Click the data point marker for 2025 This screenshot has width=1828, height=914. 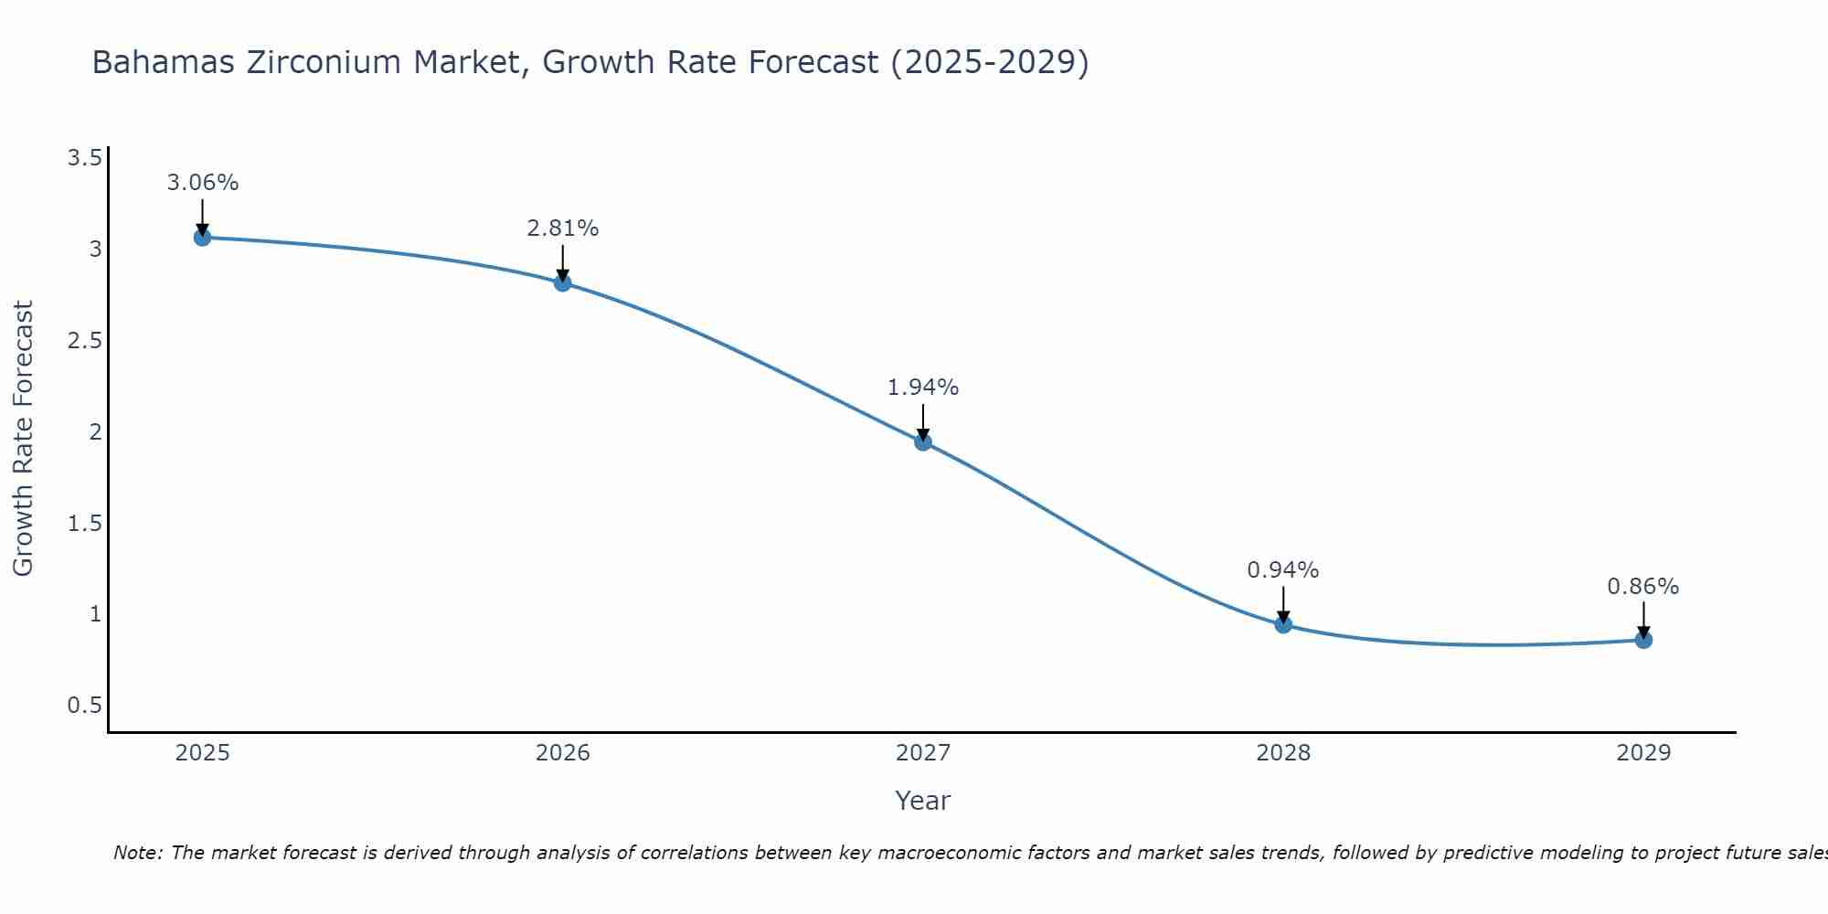(202, 238)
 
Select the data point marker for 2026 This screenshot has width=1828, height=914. (563, 283)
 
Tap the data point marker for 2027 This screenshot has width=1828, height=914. (923, 442)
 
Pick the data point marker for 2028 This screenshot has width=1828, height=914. (1283, 625)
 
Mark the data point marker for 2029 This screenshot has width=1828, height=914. (1643, 640)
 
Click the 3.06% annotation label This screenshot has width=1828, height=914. (202, 183)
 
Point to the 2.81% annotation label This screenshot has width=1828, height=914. (563, 228)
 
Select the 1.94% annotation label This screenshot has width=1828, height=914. (923, 388)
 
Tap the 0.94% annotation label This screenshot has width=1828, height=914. (1283, 570)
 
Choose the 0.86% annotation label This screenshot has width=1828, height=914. (1643, 587)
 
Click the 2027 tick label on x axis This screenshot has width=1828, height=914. (923, 753)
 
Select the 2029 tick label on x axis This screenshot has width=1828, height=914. (1643, 753)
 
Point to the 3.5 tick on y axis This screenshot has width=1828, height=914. (85, 159)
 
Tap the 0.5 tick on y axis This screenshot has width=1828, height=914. (85, 706)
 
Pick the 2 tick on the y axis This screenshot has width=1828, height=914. (95, 432)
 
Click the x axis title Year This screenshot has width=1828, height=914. (923, 801)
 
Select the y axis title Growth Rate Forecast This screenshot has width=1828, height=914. (24, 439)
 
